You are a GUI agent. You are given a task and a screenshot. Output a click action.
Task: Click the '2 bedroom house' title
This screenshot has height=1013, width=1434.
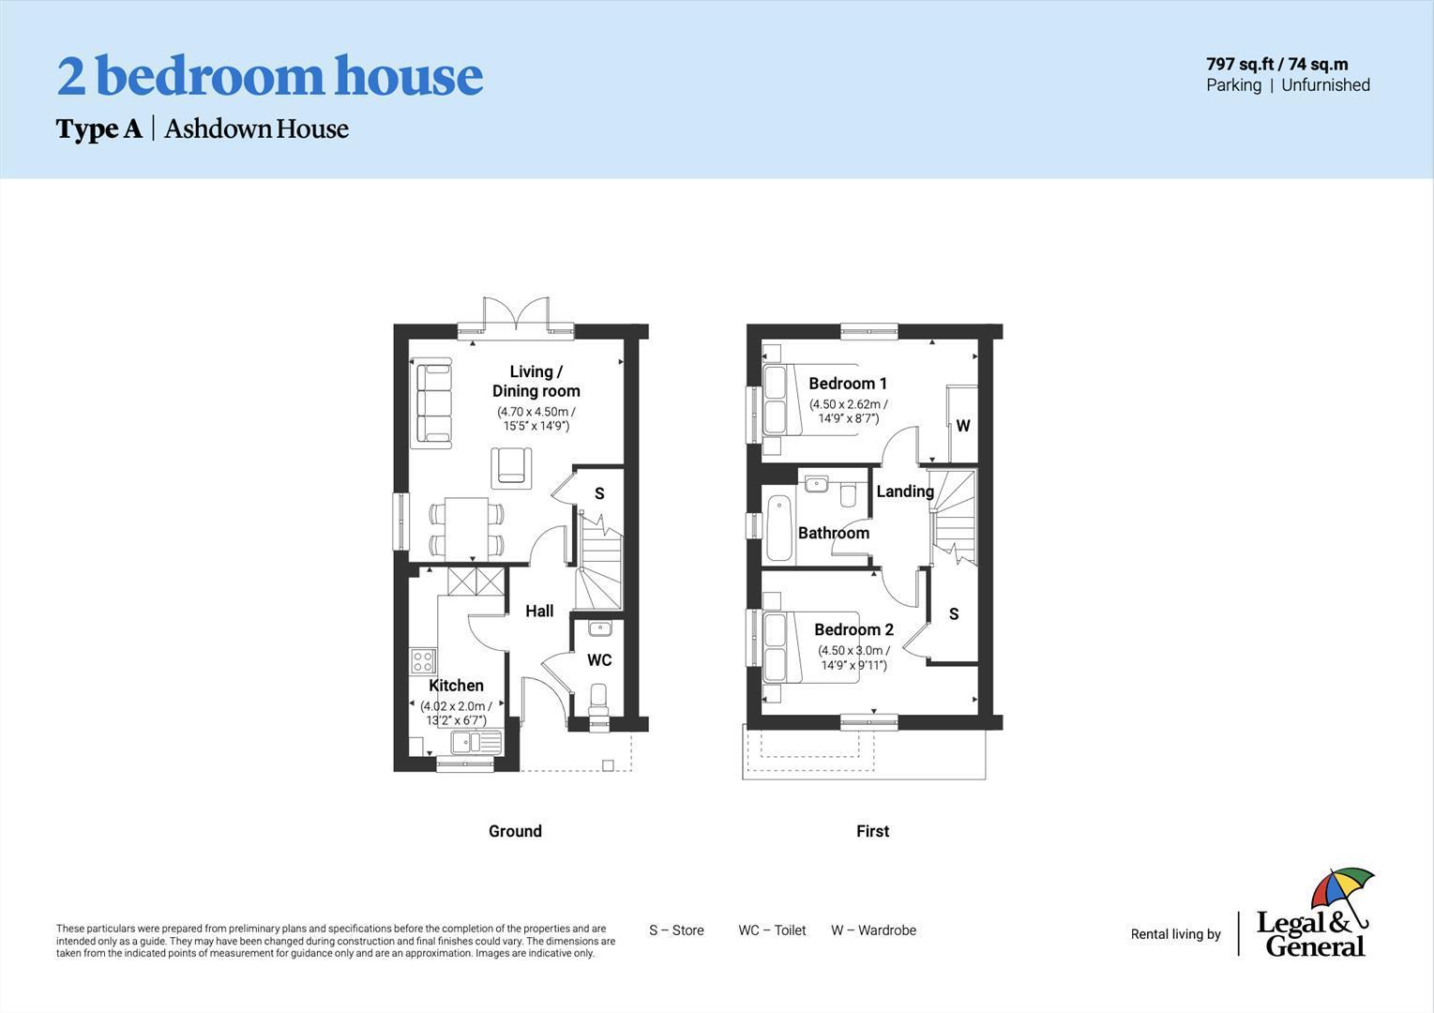click(269, 76)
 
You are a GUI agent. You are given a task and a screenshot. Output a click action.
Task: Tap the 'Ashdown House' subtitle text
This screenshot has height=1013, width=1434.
click(256, 129)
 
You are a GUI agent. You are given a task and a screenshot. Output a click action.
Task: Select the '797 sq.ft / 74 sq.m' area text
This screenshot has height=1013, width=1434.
click(1276, 64)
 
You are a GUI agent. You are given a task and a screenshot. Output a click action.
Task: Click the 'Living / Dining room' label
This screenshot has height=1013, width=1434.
click(536, 381)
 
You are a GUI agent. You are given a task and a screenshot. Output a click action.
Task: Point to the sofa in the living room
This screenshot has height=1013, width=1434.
click(433, 401)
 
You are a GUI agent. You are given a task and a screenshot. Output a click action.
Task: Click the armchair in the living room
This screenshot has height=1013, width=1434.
click(511, 466)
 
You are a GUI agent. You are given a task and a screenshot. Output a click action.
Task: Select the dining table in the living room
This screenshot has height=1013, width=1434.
click(466, 528)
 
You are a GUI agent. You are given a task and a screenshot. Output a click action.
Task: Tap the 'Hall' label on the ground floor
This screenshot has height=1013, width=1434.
click(539, 611)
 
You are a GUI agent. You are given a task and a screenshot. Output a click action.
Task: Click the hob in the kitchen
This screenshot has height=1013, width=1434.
click(423, 661)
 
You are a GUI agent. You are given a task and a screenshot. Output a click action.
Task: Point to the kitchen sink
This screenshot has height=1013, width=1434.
click(475, 743)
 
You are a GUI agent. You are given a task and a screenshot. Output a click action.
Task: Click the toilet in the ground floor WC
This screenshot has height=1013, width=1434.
click(598, 699)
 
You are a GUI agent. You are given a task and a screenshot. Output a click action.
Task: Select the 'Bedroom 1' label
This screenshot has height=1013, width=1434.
click(848, 383)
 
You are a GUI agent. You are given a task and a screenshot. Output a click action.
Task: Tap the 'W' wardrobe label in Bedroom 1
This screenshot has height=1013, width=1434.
click(962, 426)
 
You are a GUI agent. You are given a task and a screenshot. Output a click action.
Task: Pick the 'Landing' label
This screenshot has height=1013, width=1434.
click(904, 491)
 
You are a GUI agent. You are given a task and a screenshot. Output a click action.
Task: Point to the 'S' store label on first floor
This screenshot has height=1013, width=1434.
click(953, 614)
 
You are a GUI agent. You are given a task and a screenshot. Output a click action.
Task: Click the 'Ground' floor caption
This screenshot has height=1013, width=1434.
click(515, 831)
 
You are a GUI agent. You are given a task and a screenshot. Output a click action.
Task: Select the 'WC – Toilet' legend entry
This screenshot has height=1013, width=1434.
click(772, 930)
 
